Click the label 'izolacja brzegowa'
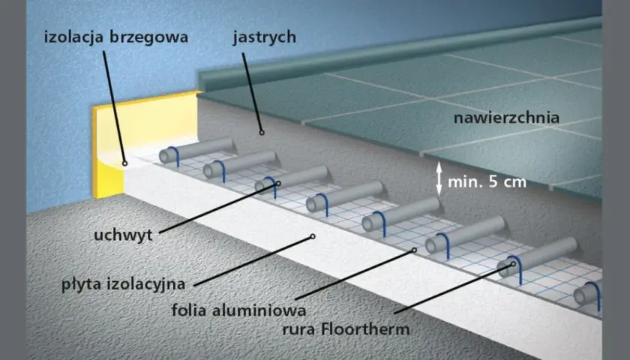[116, 37]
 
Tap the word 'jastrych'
[264, 37]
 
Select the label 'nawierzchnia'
[506, 118]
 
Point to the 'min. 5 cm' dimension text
[487, 182]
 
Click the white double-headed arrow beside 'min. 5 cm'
[439, 178]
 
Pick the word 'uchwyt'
[123, 235]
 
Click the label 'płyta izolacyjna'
[123, 284]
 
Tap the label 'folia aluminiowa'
[238, 310]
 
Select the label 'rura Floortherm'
[346, 329]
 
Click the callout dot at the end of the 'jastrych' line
[262, 132]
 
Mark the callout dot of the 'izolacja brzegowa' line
[125, 163]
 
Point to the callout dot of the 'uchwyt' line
[278, 183]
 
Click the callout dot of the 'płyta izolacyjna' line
[313, 237]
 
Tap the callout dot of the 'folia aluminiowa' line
[414, 250]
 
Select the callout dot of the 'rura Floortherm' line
[513, 264]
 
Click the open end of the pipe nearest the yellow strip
[164, 156]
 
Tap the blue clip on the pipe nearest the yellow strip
[175, 156]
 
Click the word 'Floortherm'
[365, 329]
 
